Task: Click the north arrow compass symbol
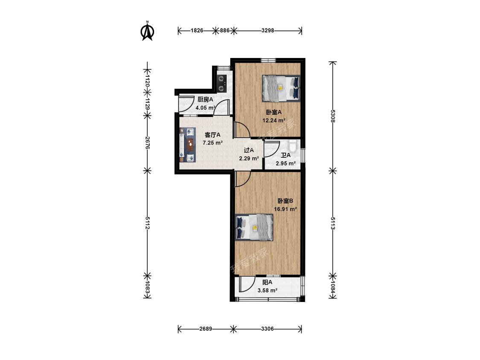[x=147, y=31]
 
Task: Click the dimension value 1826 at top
[x=197, y=31]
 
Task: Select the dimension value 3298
[x=268, y=31]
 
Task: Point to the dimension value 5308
[x=333, y=116]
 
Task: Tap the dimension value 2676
[x=147, y=142]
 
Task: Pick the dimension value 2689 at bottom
[x=206, y=329]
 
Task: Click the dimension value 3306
[x=267, y=329]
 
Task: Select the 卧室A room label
[x=273, y=112]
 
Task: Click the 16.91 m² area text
[x=285, y=209]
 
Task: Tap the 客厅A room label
[x=212, y=135]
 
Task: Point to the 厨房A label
[x=205, y=99]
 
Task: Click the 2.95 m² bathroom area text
[x=285, y=163]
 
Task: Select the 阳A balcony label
[x=267, y=282]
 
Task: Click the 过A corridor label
[x=249, y=150]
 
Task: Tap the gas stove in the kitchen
[x=221, y=84]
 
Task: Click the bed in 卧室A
[x=281, y=88]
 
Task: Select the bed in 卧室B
[x=254, y=227]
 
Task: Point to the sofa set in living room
[x=187, y=145]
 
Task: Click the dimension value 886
[x=225, y=31]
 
